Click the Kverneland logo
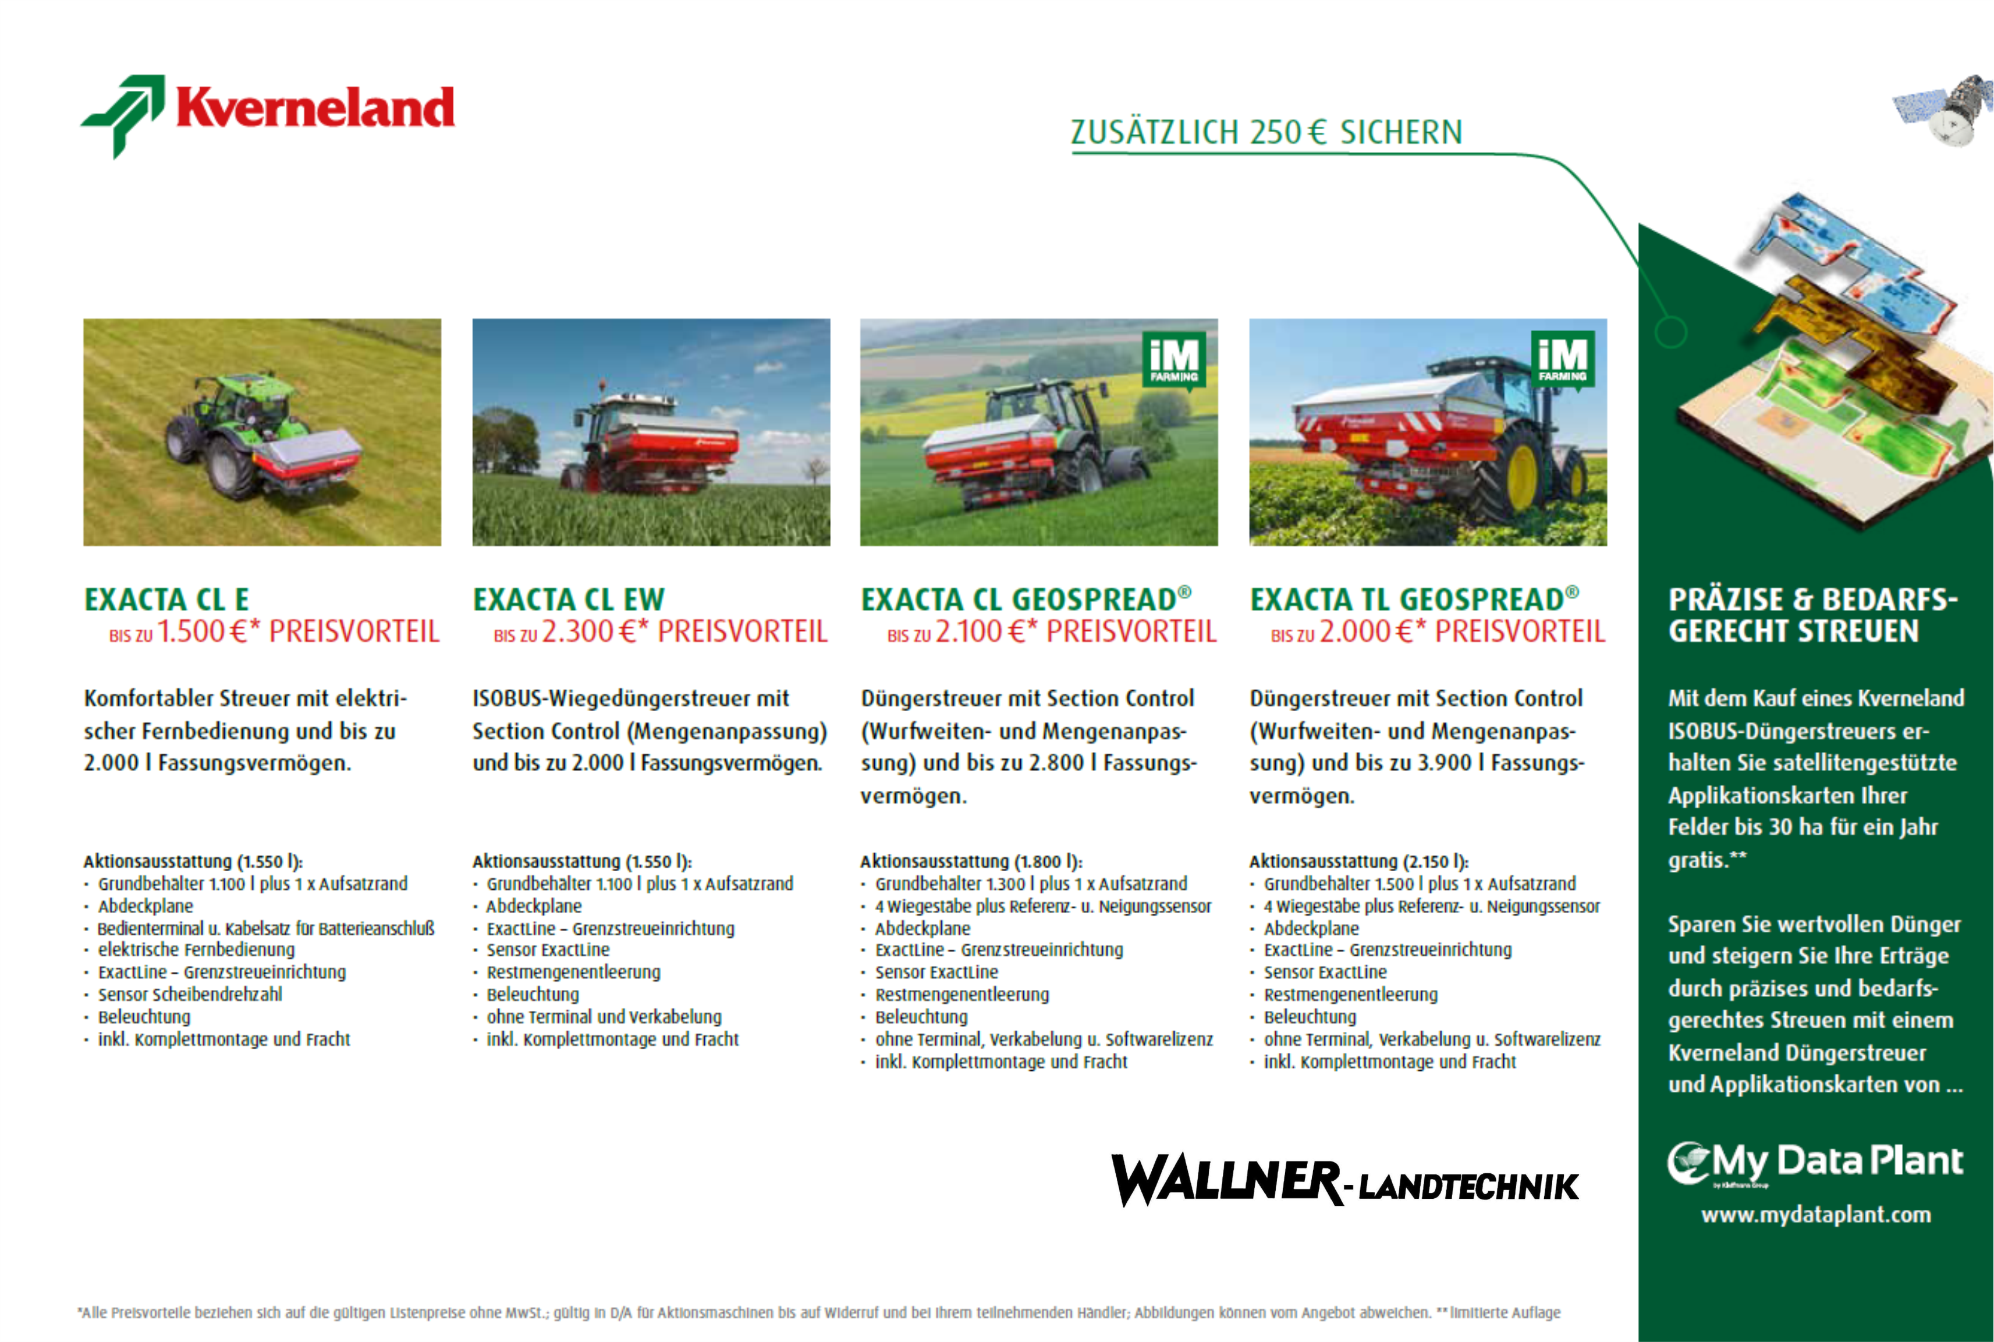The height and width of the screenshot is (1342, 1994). coord(267,116)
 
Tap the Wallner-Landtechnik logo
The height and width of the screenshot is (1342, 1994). coord(1344,1181)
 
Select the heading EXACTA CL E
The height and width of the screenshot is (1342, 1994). coord(167,599)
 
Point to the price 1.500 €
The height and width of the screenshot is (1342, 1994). coord(202,631)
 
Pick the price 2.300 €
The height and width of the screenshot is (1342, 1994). coord(590,631)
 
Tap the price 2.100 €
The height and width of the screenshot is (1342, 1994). coord(980,631)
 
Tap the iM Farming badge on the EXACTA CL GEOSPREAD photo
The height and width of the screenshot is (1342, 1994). coord(1174,360)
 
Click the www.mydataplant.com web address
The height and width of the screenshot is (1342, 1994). coord(1816,1215)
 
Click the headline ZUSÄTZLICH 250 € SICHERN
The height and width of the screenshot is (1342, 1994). coord(1266,133)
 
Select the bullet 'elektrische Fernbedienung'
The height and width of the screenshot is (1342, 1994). coord(196,950)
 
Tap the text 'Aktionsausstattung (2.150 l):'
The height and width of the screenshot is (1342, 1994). coord(1359,861)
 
